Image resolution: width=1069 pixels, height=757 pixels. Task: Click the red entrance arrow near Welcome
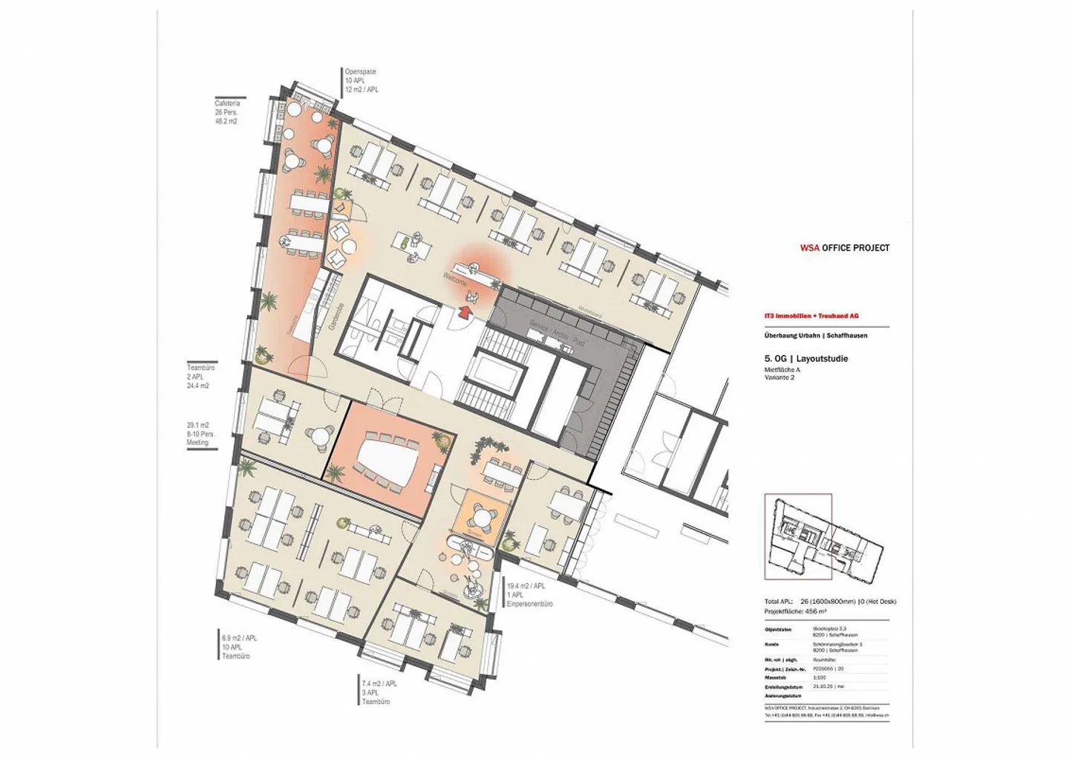pyautogui.click(x=465, y=313)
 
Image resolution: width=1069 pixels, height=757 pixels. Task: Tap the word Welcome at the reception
pyautogui.click(x=455, y=279)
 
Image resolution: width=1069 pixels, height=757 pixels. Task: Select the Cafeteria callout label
pyautogui.click(x=227, y=103)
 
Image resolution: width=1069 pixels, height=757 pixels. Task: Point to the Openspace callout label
pyautogui.click(x=360, y=72)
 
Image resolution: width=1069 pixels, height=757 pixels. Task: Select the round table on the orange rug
pyautogui.click(x=483, y=513)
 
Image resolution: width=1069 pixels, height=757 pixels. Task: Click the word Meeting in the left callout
pyautogui.click(x=197, y=443)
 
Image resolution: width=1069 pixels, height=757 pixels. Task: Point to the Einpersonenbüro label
pyautogui.click(x=529, y=604)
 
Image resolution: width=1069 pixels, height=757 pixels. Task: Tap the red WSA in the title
pyautogui.click(x=809, y=248)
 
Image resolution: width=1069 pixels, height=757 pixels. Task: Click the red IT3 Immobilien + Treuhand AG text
pyautogui.click(x=811, y=316)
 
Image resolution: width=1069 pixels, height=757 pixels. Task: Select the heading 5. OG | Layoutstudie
pyautogui.click(x=806, y=359)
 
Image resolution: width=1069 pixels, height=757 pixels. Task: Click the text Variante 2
pyautogui.click(x=779, y=377)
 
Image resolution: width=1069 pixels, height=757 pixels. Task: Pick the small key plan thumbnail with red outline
pyautogui.click(x=798, y=536)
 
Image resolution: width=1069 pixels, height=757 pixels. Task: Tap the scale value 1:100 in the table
pyautogui.click(x=820, y=678)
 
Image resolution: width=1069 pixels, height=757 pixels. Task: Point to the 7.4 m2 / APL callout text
pyautogui.click(x=379, y=683)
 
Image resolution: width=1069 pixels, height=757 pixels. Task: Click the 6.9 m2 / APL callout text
pyautogui.click(x=239, y=638)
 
